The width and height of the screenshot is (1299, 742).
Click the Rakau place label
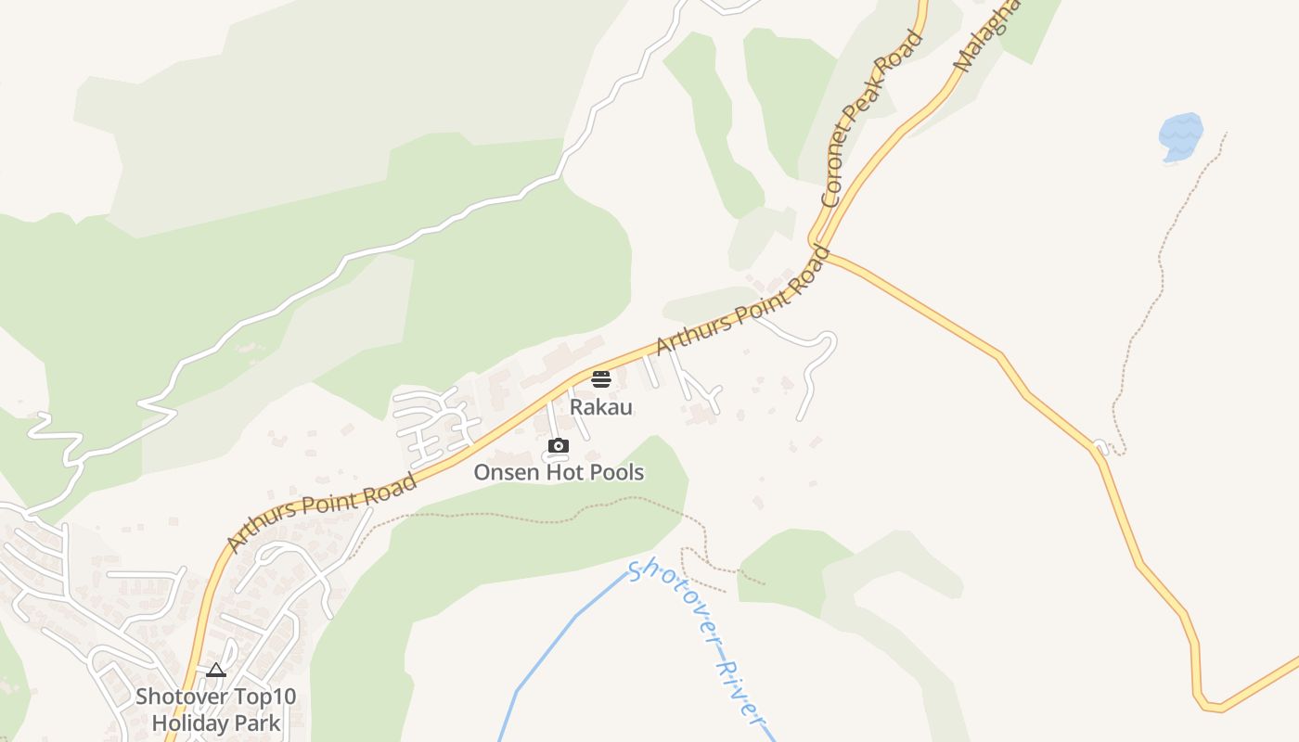pyautogui.click(x=600, y=406)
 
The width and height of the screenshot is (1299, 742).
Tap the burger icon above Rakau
pyautogui.click(x=600, y=378)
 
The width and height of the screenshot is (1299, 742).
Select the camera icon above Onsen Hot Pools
pyautogui.click(x=558, y=446)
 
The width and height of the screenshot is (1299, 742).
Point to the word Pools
pyautogui.click(x=616, y=472)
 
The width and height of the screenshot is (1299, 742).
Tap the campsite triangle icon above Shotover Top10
pyautogui.click(x=216, y=671)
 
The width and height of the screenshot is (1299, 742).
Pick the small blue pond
pyautogui.click(x=1181, y=135)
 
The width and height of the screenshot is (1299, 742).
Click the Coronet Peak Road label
pyautogui.click(x=873, y=118)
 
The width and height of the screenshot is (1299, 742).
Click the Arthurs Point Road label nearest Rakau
pyautogui.click(x=742, y=301)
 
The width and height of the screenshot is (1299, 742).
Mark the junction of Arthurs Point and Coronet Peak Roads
pyautogui.click(x=817, y=249)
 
